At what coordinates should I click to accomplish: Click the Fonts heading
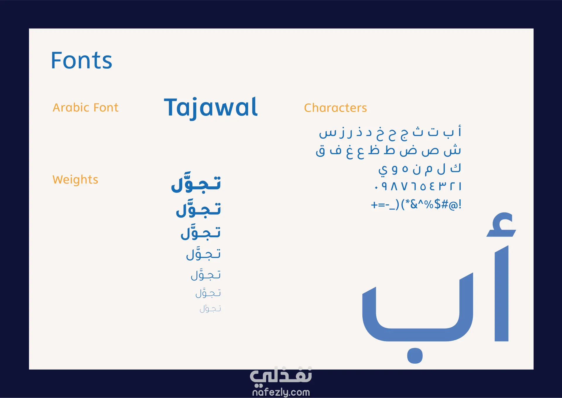click(82, 60)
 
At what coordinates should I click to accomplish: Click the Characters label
click(335, 108)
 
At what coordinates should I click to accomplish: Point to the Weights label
click(75, 180)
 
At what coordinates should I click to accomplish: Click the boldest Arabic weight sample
click(196, 182)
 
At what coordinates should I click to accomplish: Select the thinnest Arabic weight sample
click(210, 308)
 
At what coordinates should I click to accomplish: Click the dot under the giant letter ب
click(415, 356)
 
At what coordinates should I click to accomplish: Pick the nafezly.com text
click(281, 392)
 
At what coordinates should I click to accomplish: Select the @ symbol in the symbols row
click(453, 205)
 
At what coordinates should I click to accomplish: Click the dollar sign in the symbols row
click(437, 204)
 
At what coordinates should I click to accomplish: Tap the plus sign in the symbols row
click(374, 205)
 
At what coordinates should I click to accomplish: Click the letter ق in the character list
click(321, 151)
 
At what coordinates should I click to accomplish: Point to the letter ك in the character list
click(456, 168)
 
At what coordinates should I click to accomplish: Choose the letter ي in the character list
click(383, 170)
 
